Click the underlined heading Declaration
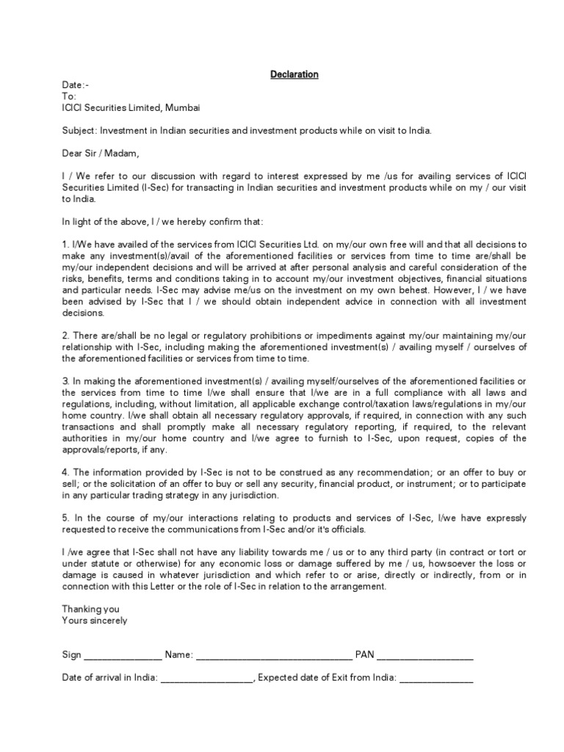[x=294, y=74]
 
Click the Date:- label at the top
[x=75, y=85]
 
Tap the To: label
[x=69, y=96]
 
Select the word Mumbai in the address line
[x=182, y=108]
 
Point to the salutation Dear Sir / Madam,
[x=100, y=153]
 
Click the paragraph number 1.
[x=65, y=245]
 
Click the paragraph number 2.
[x=65, y=336]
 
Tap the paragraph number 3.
[x=65, y=381]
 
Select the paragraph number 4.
[x=65, y=472]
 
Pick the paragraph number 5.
[x=65, y=518]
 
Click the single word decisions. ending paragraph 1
[x=84, y=312]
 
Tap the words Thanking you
[x=90, y=609]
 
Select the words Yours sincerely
[x=95, y=621]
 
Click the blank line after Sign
[x=123, y=656]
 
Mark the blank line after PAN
[x=424, y=656]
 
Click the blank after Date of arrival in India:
[x=206, y=679]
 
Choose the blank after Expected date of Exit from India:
[x=436, y=679]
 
